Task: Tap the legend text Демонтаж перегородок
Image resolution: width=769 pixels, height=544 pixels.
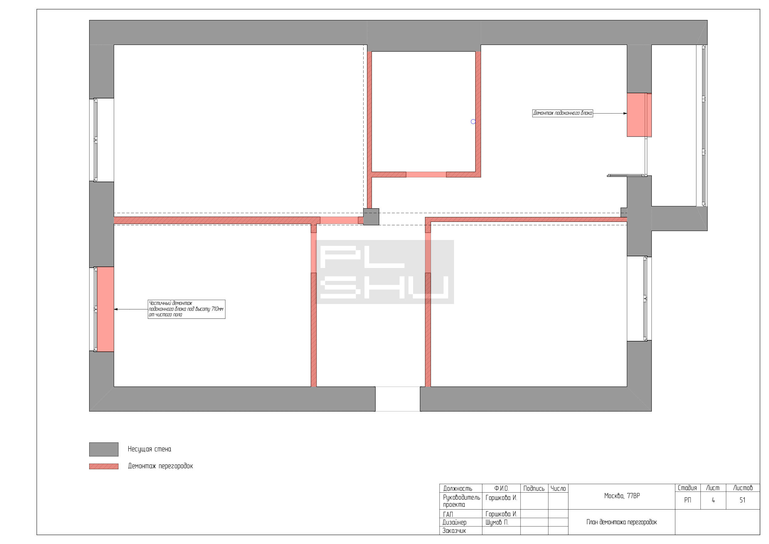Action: [x=161, y=466]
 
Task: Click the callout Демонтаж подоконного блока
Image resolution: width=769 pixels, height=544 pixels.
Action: [x=563, y=113]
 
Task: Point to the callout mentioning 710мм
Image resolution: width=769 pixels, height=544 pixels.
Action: [x=186, y=309]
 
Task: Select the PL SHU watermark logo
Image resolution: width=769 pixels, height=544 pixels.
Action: [x=384, y=272]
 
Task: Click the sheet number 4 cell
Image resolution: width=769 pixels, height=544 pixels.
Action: [x=713, y=500]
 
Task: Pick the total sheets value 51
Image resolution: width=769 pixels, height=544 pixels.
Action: [x=743, y=500]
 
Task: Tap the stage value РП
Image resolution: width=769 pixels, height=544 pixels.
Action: [x=687, y=500]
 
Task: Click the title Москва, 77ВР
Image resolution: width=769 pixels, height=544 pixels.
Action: [x=622, y=496]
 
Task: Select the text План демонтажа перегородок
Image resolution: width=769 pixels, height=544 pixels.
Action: [x=622, y=522]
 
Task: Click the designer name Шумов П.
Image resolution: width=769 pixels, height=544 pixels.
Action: [x=497, y=522]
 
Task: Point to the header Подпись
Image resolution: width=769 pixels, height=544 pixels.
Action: [x=534, y=488]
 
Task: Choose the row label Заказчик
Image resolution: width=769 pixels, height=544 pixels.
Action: [x=454, y=530]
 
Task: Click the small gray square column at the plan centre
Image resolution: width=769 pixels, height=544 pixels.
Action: [x=371, y=217]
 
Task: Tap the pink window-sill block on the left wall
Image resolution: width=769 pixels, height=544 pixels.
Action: [x=105, y=309]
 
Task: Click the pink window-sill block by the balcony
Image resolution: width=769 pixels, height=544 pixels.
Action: [x=639, y=115]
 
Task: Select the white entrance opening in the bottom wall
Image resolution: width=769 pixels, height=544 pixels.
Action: [x=397, y=399]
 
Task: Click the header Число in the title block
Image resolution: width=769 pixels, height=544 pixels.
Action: [x=558, y=488]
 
